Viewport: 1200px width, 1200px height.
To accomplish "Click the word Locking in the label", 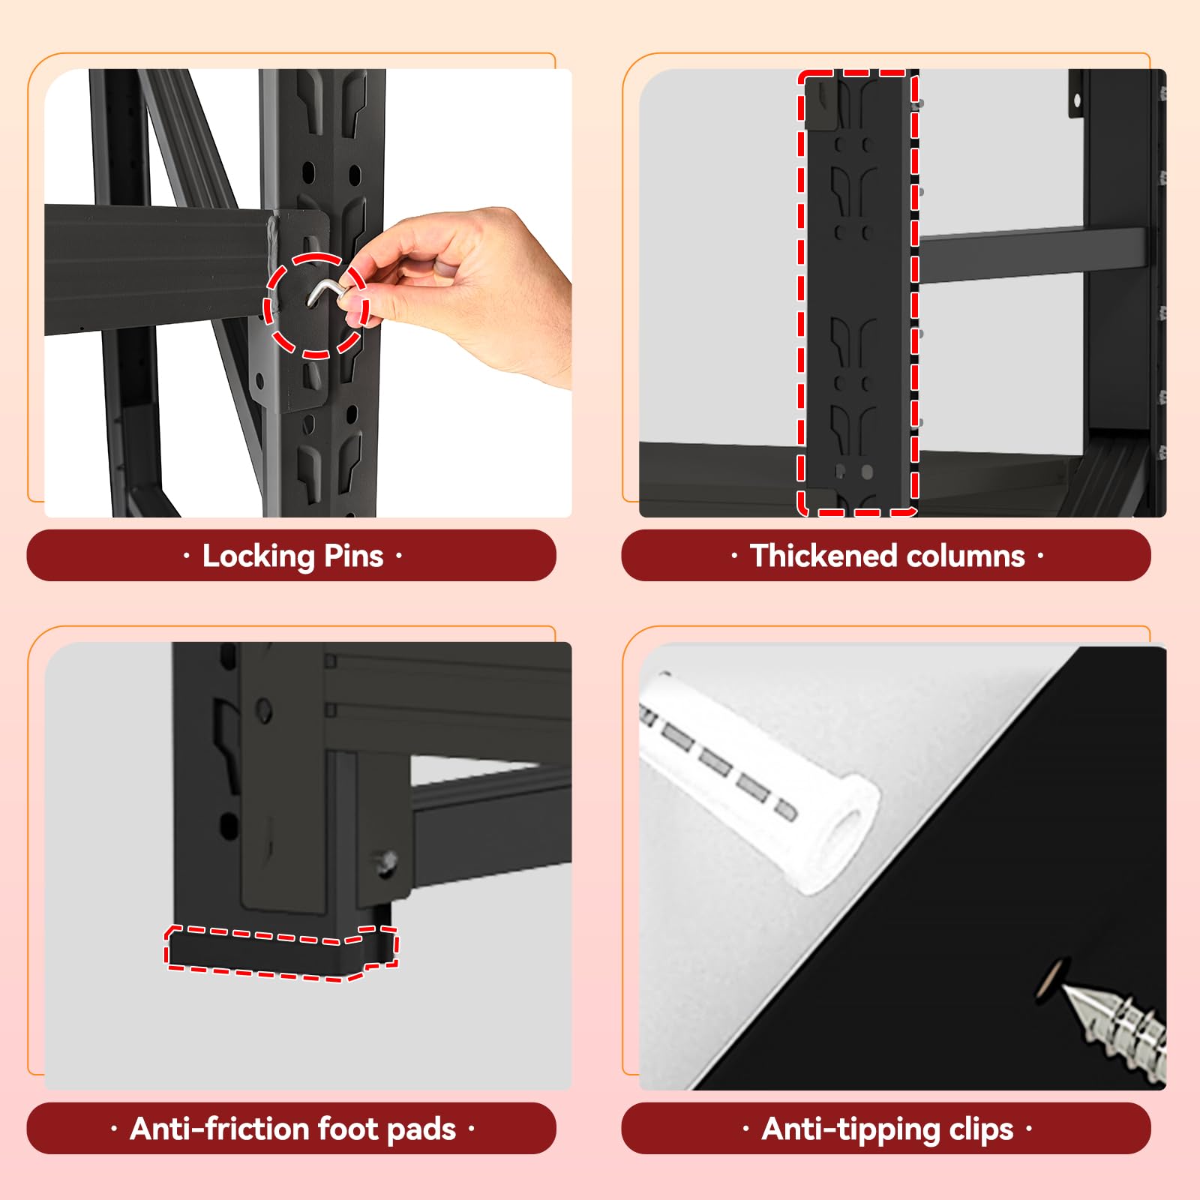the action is point(259,556).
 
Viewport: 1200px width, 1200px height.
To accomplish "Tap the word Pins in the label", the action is point(354,556).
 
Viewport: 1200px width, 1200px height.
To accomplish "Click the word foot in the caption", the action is point(347,1128).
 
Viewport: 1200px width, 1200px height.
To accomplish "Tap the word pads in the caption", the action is point(421,1129).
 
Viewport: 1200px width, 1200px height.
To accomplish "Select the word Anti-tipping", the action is point(850,1129).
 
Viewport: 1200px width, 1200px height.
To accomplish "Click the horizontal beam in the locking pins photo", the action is point(157,270).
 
